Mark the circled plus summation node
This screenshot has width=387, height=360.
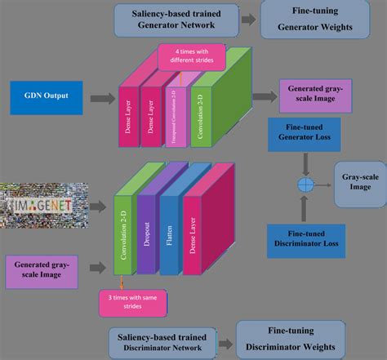[306, 184]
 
